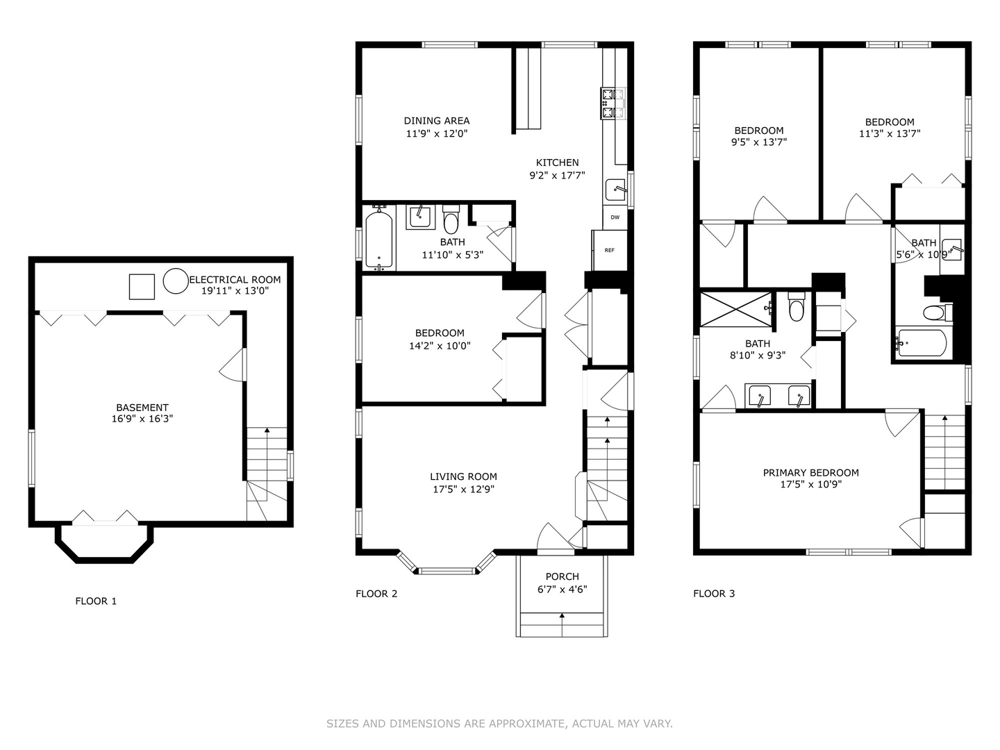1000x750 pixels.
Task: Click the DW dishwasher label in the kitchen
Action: [615, 217]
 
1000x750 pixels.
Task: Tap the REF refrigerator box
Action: [610, 250]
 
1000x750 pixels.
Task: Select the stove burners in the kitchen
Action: [612, 103]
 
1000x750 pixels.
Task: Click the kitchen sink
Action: [615, 190]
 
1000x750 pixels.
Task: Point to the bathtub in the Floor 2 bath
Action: [379, 238]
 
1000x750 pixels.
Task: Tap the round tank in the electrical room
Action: [176, 281]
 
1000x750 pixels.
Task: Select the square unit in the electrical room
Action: [142, 286]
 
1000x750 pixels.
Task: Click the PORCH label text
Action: [562, 576]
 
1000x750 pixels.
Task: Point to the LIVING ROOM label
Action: [463, 476]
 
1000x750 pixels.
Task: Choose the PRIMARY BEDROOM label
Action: [811, 473]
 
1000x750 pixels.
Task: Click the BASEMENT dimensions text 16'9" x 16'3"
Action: [142, 419]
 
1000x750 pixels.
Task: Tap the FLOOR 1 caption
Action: [96, 601]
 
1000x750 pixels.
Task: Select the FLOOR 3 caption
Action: [714, 593]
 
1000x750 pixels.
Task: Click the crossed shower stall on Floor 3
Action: [735, 310]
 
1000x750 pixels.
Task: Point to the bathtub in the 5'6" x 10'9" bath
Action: [922, 342]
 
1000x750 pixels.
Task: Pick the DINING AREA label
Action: [436, 121]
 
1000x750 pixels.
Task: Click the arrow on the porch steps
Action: [562, 625]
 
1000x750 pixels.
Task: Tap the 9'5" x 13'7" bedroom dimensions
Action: [759, 142]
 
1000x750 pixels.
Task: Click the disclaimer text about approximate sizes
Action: [499, 724]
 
